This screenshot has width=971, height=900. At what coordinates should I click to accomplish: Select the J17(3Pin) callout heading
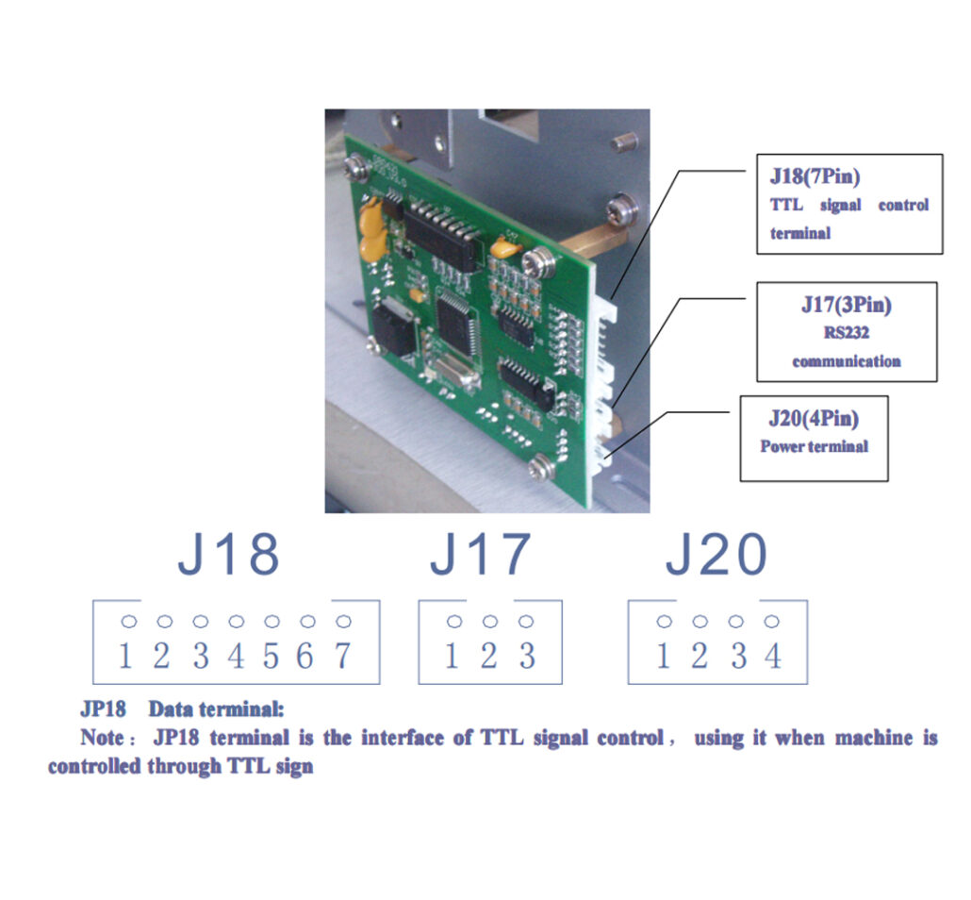pyautogui.click(x=846, y=305)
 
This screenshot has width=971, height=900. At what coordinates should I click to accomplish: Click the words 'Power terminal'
pyautogui.click(x=814, y=445)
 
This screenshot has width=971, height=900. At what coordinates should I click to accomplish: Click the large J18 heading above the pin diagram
pyautogui.click(x=228, y=556)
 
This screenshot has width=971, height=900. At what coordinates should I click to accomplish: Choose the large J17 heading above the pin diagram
pyautogui.click(x=480, y=556)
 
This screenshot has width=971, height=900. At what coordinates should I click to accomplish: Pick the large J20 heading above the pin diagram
pyautogui.click(x=716, y=556)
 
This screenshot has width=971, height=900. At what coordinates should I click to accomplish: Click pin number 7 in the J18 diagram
pyautogui.click(x=343, y=655)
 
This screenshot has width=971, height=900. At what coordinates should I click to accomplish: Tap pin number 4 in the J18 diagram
pyautogui.click(x=236, y=655)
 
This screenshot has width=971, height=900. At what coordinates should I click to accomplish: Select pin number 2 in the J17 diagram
pyautogui.click(x=488, y=655)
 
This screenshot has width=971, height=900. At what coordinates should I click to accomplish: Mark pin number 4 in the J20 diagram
pyautogui.click(x=773, y=655)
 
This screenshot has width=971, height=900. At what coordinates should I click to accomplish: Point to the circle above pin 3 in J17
pyautogui.click(x=526, y=622)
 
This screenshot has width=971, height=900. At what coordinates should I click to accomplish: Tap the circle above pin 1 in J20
pyautogui.click(x=664, y=622)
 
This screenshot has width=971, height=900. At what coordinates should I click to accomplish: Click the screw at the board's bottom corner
pyautogui.click(x=540, y=464)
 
